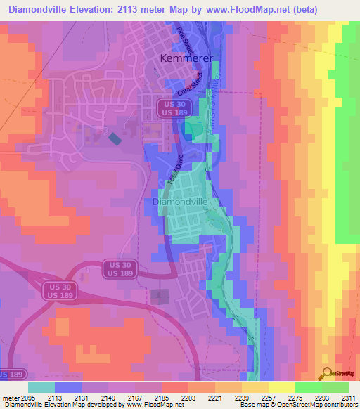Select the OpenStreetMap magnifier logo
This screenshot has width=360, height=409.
[x=326, y=372]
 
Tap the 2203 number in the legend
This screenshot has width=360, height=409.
[x=188, y=397]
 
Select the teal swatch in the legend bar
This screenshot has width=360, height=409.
[x=41, y=387]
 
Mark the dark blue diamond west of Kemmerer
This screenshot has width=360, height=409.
[x=115, y=139]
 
